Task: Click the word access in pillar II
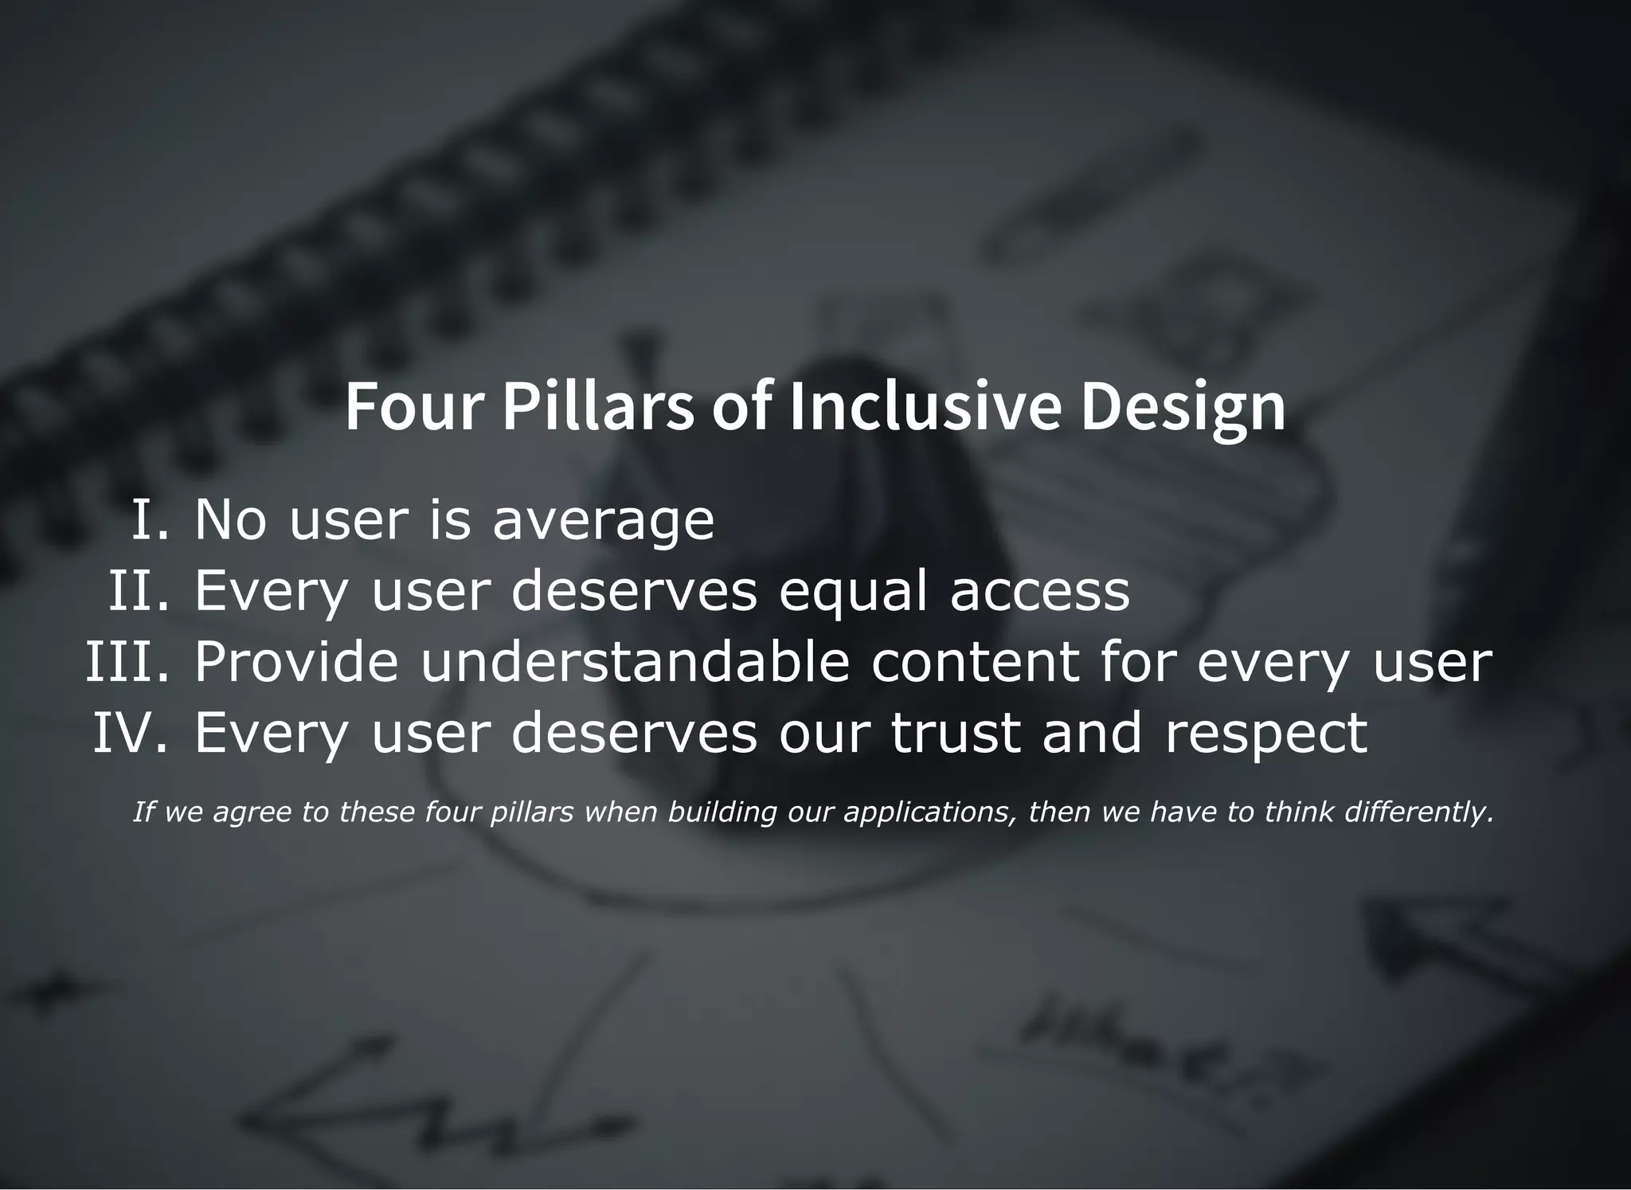click(x=1039, y=591)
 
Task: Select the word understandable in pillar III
click(x=635, y=661)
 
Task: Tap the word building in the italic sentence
click(x=722, y=812)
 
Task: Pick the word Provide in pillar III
click(x=295, y=661)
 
